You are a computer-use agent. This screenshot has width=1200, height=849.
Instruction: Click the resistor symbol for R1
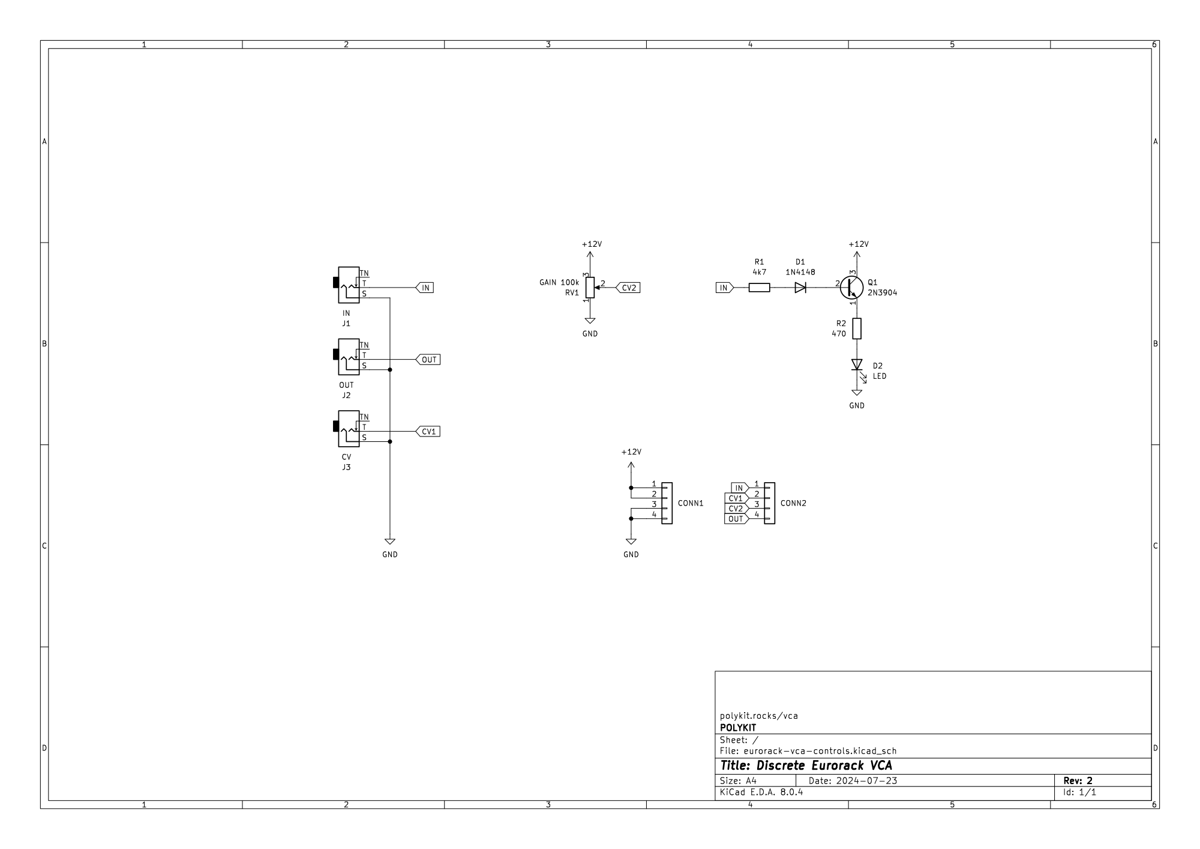[x=759, y=288]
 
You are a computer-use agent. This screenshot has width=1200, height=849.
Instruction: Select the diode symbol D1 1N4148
[x=800, y=288]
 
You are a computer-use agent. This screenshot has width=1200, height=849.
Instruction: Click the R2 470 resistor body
[x=857, y=328]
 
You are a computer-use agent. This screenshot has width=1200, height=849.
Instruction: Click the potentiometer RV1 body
[x=590, y=288]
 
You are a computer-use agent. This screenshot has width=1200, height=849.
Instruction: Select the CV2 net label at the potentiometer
[x=628, y=288]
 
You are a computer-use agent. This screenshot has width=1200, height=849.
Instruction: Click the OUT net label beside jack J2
[x=428, y=360]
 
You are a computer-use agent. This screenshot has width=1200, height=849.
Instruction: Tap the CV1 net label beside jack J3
[x=428, y=432]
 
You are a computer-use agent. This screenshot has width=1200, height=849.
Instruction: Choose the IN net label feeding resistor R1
[x=724, y=288]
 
